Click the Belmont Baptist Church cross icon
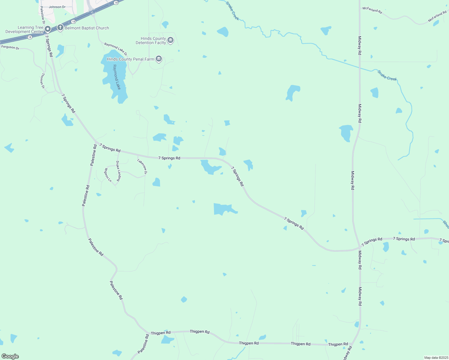point(60,28)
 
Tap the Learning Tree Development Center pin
point(47,29)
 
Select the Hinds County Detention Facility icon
point(170,40)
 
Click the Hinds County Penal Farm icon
point(159,59)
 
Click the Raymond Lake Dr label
point(116,49)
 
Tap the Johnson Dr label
point(57,7)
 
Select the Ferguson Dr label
point(10,47)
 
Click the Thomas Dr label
point(43,81)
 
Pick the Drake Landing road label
point(119,171)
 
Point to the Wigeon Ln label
point(107,175)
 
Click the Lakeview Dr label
point(142,166)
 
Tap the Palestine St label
point(42,15)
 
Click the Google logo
point(10,356)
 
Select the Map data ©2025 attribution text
point(436,358)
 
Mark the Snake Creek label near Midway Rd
point(387,75)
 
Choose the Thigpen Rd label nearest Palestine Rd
point(161,333)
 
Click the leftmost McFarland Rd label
point(372,10)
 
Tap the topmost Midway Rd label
point(360,46)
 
